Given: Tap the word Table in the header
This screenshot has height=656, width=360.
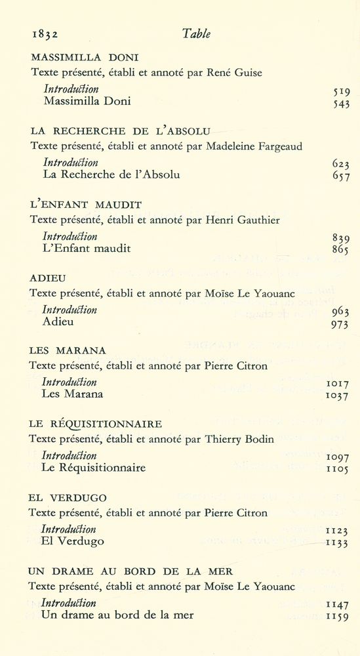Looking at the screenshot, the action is (x=196, y=35).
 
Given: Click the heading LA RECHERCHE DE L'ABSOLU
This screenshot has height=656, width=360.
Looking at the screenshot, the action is (x=120, y=131).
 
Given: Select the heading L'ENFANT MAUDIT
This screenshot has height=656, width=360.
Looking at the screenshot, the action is (x=86, y=205).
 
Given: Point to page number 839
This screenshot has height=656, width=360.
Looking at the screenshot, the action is (x=341, y=238).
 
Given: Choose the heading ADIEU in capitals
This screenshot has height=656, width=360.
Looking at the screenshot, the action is (x=47, y=278).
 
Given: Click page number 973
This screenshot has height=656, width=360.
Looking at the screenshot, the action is (x=341, y=324).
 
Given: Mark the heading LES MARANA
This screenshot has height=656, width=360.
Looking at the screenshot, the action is (x=68, y=351).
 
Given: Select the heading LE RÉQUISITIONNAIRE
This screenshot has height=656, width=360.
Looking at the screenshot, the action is (x=96, y=424).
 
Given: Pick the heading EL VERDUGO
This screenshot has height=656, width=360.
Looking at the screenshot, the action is (x=68, y=498).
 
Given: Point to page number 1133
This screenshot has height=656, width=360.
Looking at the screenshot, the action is (x=338, y=543).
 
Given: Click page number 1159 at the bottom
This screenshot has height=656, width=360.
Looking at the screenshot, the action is (x=338, y=617).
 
